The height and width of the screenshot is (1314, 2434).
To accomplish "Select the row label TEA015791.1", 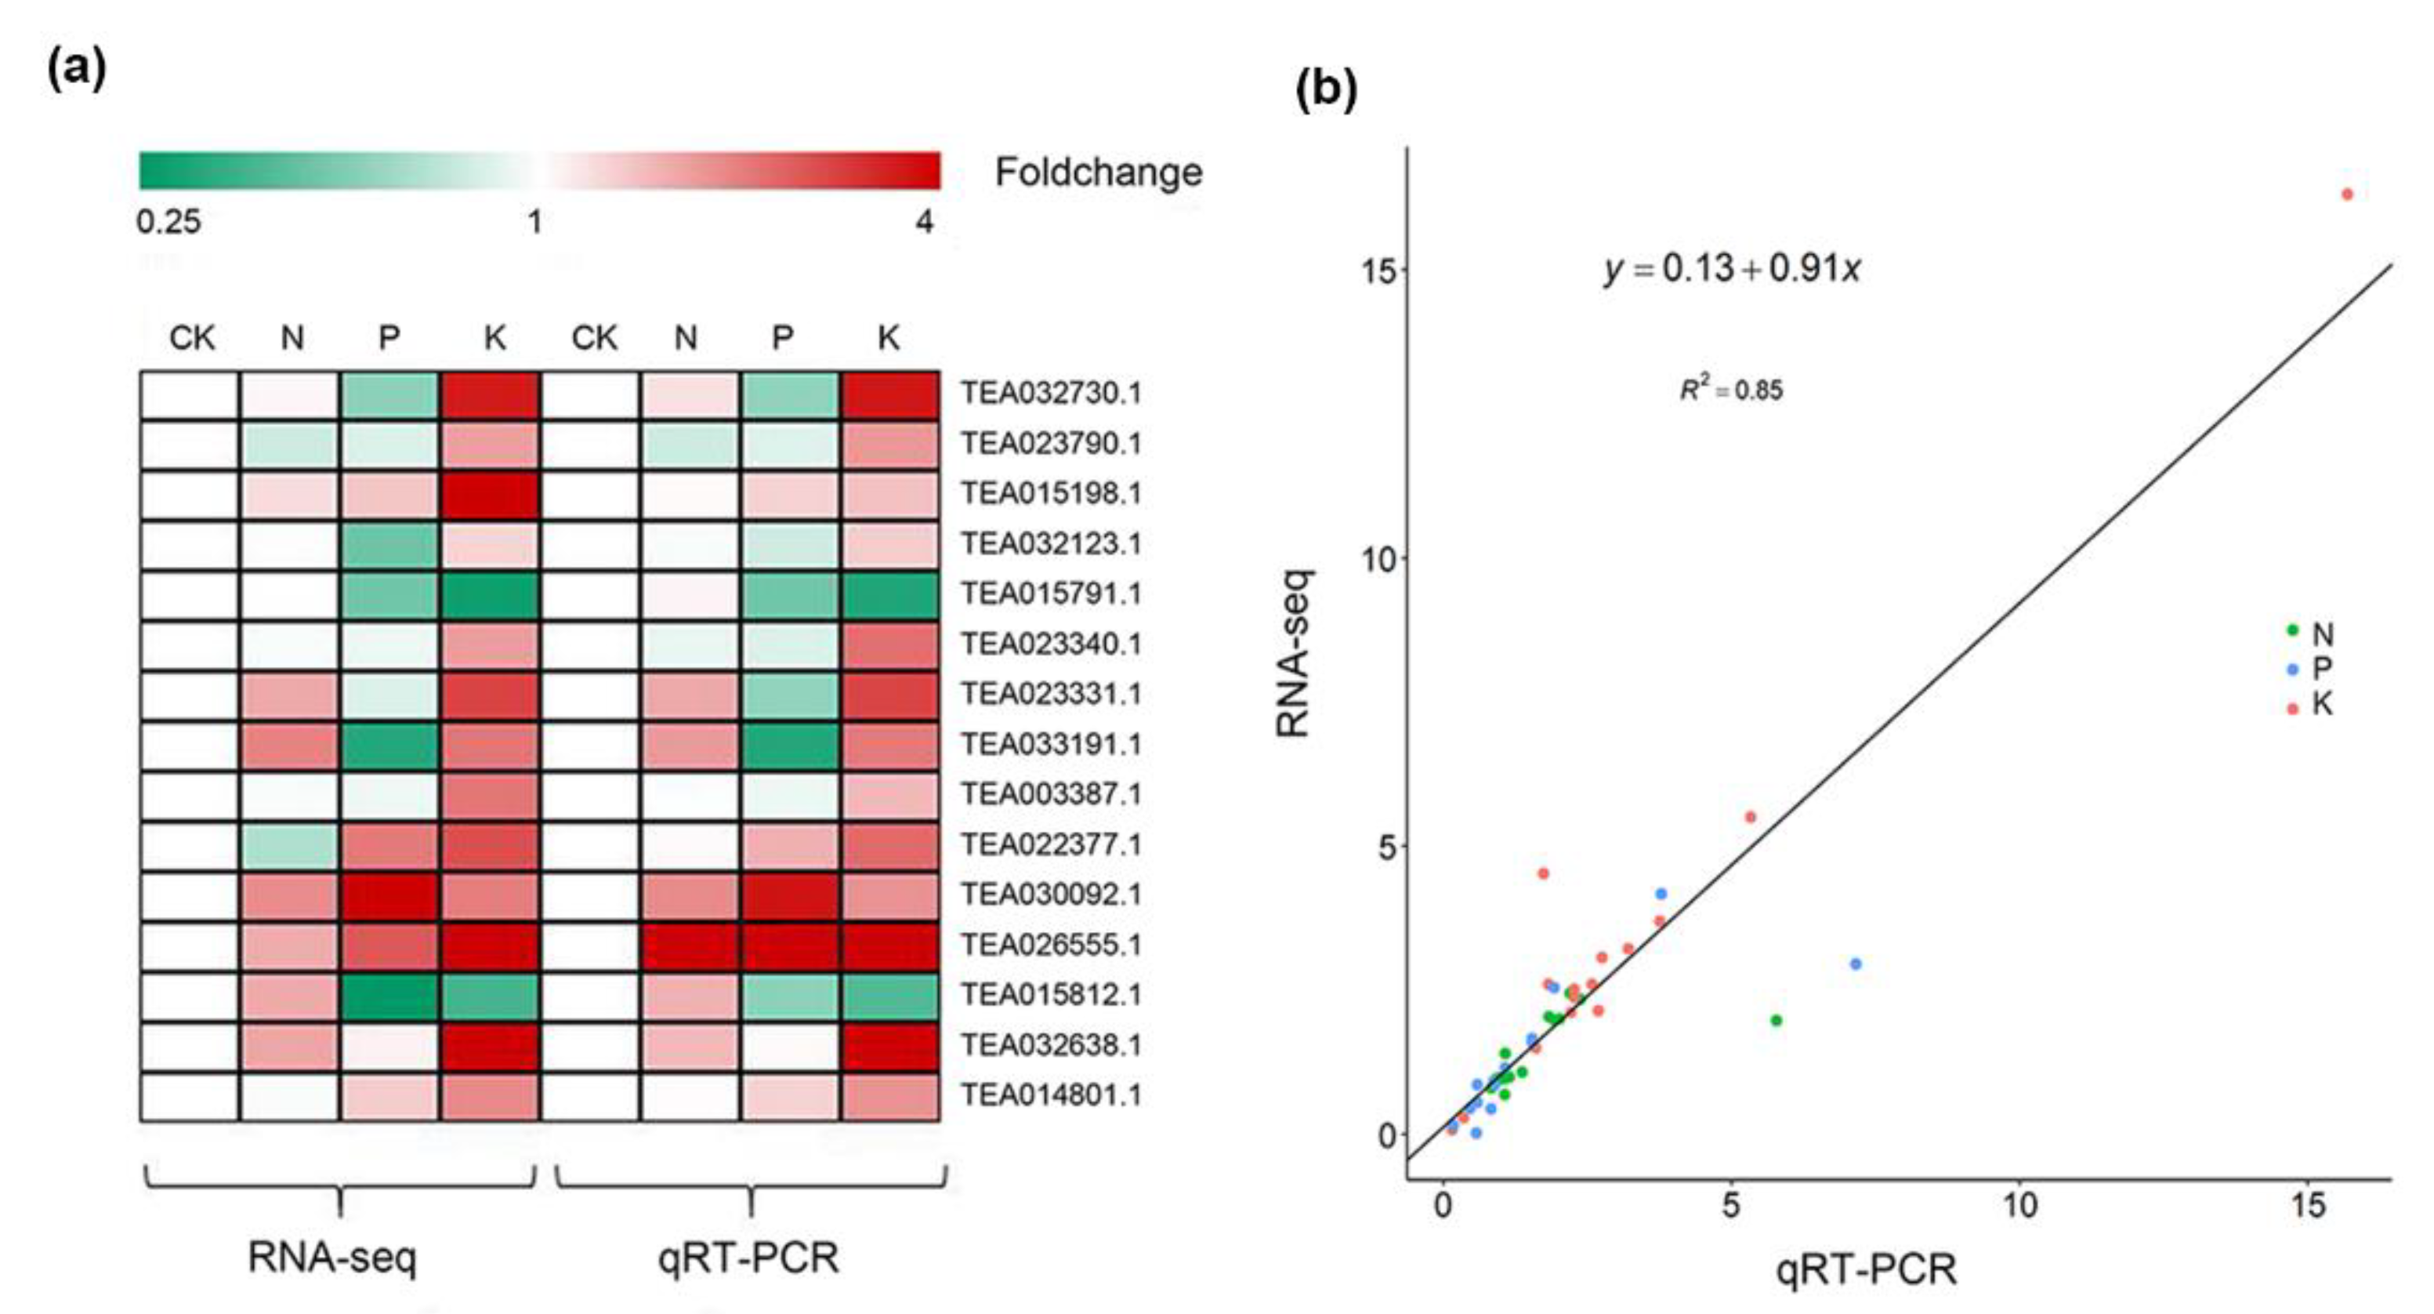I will click(1051, 593).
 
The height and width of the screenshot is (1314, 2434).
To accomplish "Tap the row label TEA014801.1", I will click(1051, 1095).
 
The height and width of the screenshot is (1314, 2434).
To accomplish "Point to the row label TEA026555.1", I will click(1051, 945).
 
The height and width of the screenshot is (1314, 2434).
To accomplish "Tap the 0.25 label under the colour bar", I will click(168, 222).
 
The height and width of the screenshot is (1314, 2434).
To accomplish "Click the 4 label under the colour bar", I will click(924, 222).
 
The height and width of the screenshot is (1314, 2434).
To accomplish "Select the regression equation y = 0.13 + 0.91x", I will click(1732, 270).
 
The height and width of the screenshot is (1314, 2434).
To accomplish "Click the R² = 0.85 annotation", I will click(1731, 390).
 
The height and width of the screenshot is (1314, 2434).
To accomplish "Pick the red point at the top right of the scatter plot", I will click(2347, 194).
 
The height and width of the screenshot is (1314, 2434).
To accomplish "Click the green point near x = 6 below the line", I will click(1777, 1020).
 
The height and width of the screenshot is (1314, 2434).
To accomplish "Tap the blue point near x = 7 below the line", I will click(1856, 964).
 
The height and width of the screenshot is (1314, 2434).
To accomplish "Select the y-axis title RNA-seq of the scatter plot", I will click(1292, 653).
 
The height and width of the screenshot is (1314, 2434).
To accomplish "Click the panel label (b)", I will click(1326, 91).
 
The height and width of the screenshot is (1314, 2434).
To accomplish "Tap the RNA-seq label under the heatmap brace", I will click(331, 1258).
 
